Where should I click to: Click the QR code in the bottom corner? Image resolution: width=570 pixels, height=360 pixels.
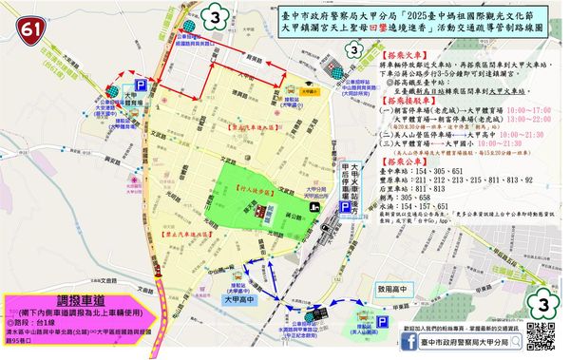pos(541,336)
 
